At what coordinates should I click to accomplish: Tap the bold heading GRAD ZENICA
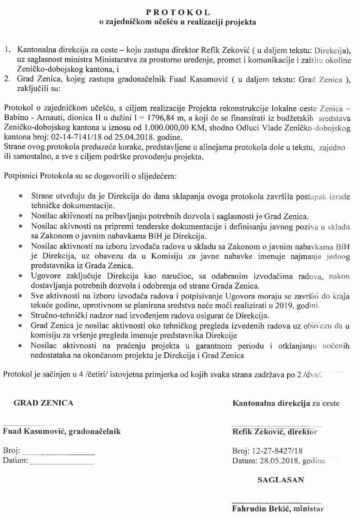click(x=44, y=403)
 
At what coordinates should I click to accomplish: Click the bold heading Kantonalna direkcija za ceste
click(x=286, y=403)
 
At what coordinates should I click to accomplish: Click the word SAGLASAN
click(x=280, y=480)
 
